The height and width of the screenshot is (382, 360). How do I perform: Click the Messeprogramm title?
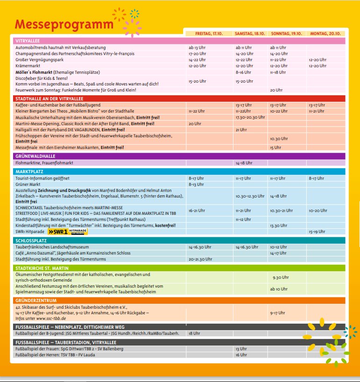pyautogui.click(x=64, y=24)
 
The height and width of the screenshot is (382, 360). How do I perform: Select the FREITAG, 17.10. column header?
pyautogui.click(x=209, y=34)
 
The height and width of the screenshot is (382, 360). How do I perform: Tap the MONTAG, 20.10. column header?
pyautogui.click(x=326, y=34)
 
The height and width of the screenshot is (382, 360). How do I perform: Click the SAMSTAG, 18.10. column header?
pyautogui.click(x=250, y=34)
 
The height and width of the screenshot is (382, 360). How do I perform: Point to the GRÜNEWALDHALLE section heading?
pyautogui.click(x=35, y=156)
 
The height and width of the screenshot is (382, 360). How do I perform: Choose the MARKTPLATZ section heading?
pyautogui.click(x=29, y=171)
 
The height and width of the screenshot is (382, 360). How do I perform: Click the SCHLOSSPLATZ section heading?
pyautogui.click(x=31, y=240)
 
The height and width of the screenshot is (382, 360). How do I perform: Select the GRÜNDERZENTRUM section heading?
pyautogui.click(x=36, y=300)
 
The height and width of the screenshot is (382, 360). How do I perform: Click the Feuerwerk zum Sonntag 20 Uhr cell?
pyautogui.click(x=276, y=90)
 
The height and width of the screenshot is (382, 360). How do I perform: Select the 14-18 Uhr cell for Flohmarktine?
pyautogui.click(x=244, y=163)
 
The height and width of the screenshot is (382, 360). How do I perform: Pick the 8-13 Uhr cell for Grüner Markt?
pyautogui.click(x=196, y=184)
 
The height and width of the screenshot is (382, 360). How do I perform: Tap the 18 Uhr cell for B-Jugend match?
pyautogui.click(x=194, y=333)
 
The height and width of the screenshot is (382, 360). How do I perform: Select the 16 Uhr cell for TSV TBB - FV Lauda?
pyautogui.click(x=241, y=355)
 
